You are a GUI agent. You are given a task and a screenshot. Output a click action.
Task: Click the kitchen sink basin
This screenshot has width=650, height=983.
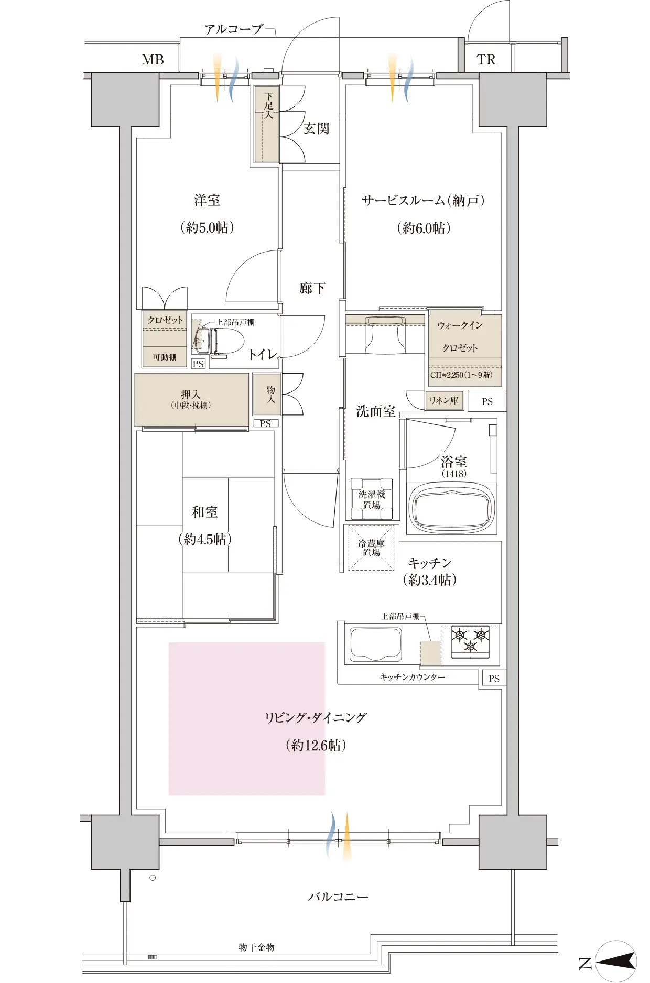376,645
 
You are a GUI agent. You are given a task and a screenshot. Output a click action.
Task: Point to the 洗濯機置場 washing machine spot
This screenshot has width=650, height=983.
372,499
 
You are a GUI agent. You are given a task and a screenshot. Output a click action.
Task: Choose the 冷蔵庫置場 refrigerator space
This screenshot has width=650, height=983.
371,548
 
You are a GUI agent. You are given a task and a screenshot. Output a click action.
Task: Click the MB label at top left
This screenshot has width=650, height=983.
153,60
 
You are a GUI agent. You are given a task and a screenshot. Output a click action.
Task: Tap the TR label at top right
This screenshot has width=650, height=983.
486,60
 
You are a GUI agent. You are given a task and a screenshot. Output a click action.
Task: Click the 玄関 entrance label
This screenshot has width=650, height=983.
317,128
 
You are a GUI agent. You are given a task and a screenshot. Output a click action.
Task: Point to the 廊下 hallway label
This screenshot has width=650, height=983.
312,288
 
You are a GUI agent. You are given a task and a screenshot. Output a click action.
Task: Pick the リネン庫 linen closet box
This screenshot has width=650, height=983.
444,400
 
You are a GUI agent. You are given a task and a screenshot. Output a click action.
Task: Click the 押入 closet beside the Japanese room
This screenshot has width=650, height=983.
191,399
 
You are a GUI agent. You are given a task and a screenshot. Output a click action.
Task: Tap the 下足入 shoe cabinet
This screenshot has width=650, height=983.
267,124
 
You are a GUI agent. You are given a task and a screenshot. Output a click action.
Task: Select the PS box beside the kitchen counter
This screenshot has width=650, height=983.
494,678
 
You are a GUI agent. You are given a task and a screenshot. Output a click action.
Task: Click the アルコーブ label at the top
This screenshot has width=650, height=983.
233,29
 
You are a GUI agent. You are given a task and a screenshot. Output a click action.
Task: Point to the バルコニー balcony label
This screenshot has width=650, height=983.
338,897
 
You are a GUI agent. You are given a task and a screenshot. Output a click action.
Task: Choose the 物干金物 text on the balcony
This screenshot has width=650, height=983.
256,947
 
